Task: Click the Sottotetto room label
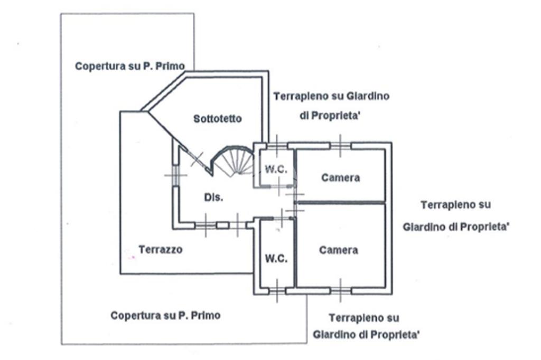coord(217,119)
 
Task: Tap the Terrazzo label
coord(161,249)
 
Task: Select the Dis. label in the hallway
coord(213,197)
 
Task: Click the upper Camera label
coord(341,177)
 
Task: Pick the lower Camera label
coord(339,250)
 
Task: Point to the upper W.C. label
coord(276,169)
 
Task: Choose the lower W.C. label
coord(276,258)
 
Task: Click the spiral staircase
coord(232,159)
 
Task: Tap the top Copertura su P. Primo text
coord(130,66)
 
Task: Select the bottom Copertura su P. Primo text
coord(165,315)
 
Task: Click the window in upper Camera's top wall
coord(341,146)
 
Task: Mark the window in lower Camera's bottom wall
coord(341,291)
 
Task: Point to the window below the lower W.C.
coord(277,291)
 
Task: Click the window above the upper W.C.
coord(277,146)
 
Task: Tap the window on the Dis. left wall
coord(176,176)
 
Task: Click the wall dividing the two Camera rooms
coord(341,202)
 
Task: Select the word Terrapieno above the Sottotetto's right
coord(300,96)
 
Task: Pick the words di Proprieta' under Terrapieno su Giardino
coord(330,116)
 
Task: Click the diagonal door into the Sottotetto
coord(197,159)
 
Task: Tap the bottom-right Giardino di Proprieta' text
coord(366,335)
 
